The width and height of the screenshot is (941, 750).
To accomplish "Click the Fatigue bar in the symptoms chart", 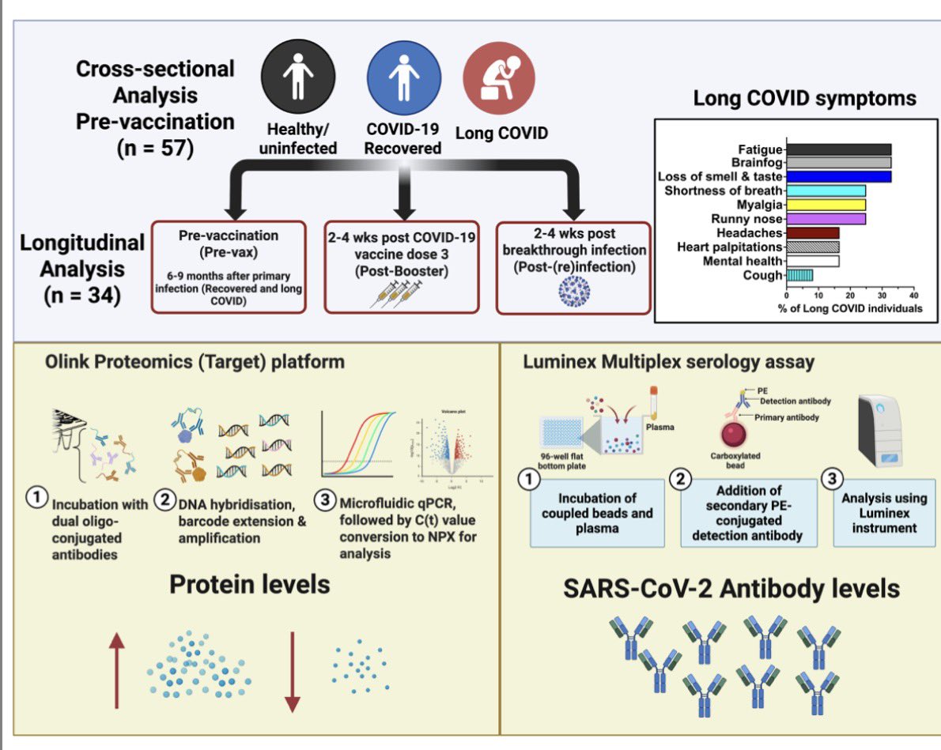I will click(838, 149).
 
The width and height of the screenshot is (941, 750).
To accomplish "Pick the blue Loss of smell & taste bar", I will click(838, 176).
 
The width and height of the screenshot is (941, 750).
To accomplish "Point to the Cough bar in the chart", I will click(799, 275).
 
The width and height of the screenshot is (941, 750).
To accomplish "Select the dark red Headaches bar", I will click(812, 233).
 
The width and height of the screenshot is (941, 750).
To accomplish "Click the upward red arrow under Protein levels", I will click(116, 672).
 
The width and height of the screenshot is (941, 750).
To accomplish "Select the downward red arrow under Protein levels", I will click(293, 672).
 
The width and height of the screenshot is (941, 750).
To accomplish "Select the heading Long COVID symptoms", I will click(804, 99).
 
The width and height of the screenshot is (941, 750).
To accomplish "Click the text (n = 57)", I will click(156, 148).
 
